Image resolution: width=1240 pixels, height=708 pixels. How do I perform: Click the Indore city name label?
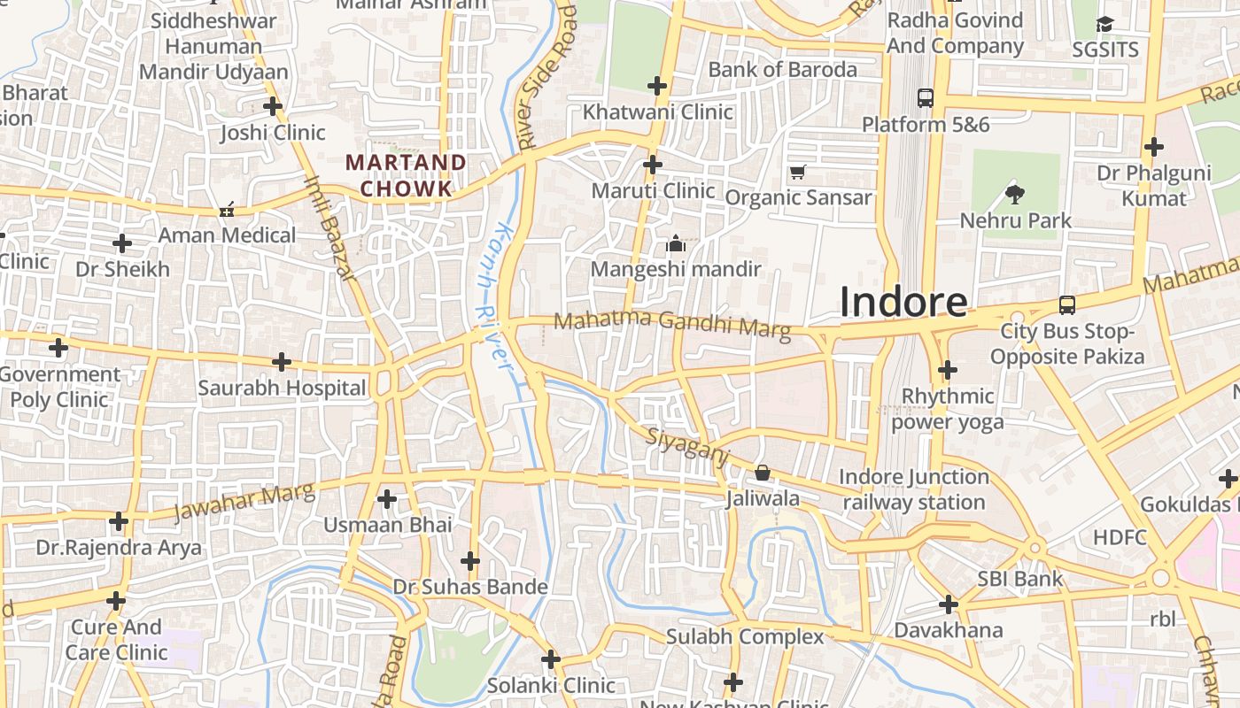(x=903, y=302)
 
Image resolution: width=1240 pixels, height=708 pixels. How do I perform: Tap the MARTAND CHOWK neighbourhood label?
(x=406, y=175)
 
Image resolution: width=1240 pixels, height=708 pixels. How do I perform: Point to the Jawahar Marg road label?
(x=244, y=502)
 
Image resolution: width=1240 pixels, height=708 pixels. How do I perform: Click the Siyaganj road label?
(x=687, y=446)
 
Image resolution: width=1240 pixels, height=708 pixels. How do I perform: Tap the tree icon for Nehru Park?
(x=1015, y=193)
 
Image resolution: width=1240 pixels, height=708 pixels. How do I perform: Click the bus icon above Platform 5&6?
(x=926, y=97)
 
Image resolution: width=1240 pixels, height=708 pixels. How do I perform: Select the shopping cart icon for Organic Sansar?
(x=797, y=172)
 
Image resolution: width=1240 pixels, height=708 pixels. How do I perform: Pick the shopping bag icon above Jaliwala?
(x=762, y=473)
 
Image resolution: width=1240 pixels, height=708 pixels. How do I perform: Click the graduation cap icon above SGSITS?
(x=1104, y=24)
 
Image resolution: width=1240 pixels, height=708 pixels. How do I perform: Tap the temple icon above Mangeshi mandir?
(x=676, y=243)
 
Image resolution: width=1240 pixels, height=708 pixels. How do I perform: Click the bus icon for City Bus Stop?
(x=1067, y=305)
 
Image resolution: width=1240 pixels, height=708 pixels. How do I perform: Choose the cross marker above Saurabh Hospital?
(x=282, y=361)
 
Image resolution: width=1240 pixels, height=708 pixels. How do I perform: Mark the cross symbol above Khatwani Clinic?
(x=657, y=86)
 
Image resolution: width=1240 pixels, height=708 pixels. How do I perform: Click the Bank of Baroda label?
(x=782, y=69)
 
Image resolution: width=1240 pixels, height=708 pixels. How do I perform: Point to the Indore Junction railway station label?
(x=913, y=489)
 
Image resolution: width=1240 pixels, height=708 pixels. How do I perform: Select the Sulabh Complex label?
(x=744, y=636)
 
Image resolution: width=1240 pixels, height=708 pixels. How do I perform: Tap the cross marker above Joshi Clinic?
(x=273, y=106)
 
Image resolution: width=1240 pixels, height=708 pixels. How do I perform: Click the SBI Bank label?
(x=1019, y=579)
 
